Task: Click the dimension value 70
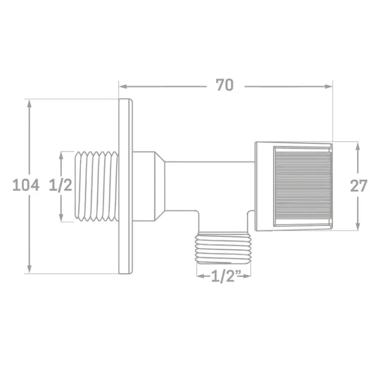pos(225,85)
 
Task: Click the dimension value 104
pos(26,185)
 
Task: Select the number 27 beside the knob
pos(358,186)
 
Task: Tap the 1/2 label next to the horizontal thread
pos(60,185)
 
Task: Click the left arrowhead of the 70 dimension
pos(123,87)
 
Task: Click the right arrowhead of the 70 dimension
pos(329,87)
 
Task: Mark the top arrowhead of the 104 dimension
pos(29,103)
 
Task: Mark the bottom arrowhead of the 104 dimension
pos(29,269)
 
